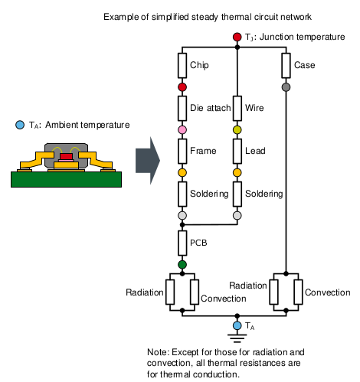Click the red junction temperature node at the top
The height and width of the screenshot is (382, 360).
pyautogui.click(x=237, y=37)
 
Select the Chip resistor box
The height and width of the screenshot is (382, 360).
pyautogui.click(x=182, y=66)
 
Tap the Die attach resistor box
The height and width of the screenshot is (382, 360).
pyautogui.click(x=182, y=108)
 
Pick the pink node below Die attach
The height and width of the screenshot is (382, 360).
pyautogui.click(x=182, y=131)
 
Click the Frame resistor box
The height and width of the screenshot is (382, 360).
pyautogui.click(x=182, y=151)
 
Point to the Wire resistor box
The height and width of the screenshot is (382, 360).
pyautogui.click(x=237, y=108)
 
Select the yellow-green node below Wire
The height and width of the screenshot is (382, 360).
pyautogui.click(x=237, y=131)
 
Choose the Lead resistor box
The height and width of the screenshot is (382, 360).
pyautogui.click(x=237, y=151)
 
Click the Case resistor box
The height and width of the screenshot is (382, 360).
pyautogui.click(x=286, y=66)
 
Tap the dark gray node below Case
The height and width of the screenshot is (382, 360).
pyautogui.click(x=286, y=88)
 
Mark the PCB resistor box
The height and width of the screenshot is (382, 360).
pyautogui.click(x=182, y=243)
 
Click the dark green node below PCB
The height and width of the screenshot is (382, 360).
pyautogui.click(x=182, y=265)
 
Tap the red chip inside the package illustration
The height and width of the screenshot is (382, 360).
pyautogui.click(x=67, y=156)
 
